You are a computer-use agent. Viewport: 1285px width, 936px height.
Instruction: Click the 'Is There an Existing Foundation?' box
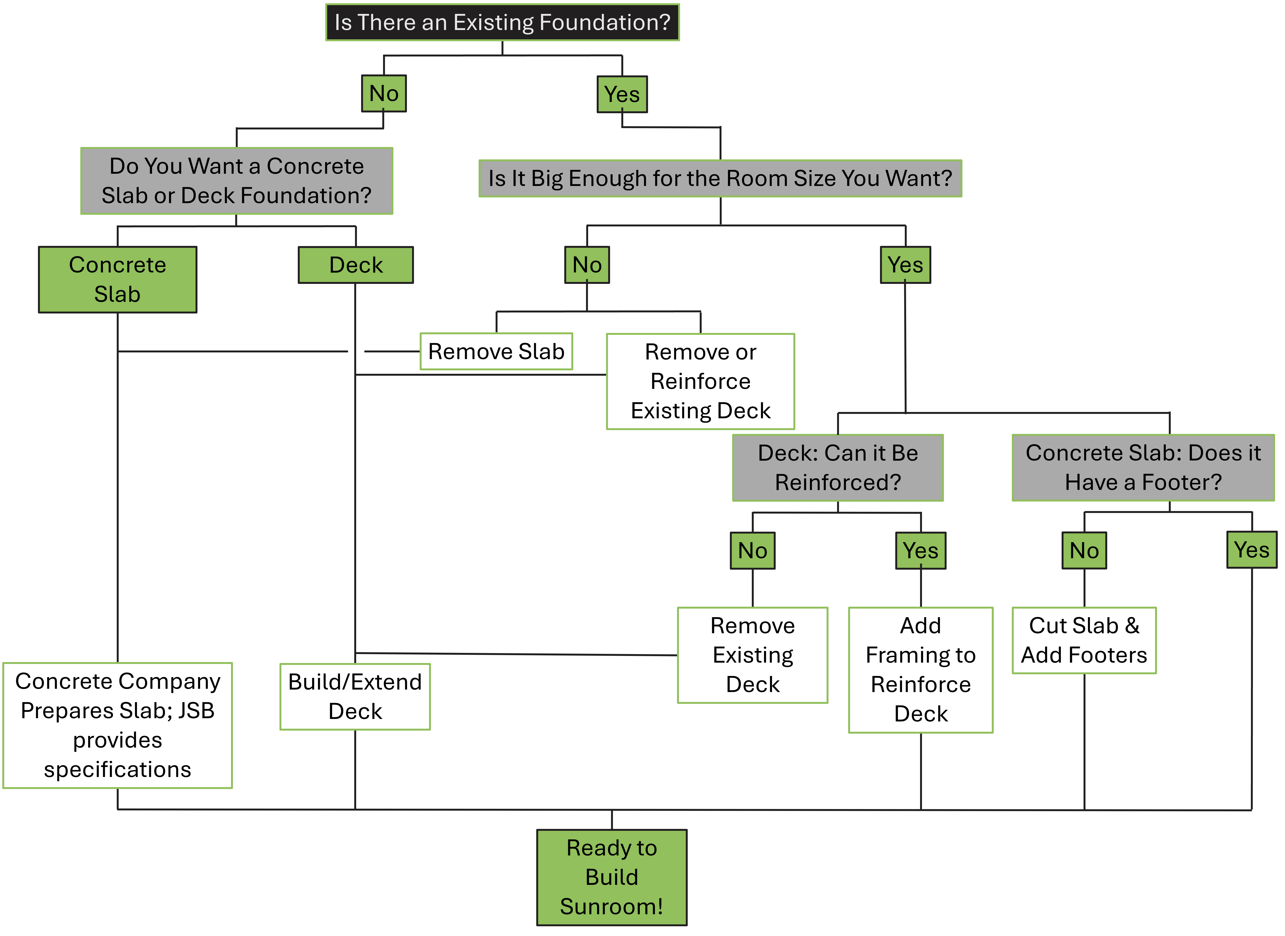click(x=502, y=23)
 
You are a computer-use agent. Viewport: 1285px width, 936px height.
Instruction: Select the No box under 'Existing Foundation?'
click(x=384, y=94)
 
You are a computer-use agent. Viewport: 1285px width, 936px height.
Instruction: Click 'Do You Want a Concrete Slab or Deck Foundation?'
click(x=236, y=181)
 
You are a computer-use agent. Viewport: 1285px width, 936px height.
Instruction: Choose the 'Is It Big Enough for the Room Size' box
click(x=720, y=178)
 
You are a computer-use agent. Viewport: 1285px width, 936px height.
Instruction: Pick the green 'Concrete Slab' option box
click(x=117, y=279)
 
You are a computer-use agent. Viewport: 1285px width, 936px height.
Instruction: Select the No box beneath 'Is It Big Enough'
click(x=587, y=265)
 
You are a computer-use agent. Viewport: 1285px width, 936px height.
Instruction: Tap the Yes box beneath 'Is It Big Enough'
click(x=905, y=265)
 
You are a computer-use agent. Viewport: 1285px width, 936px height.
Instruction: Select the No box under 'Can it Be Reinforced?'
click(x=752, y=551)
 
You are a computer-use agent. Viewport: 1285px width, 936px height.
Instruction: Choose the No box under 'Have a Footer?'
click(x=1084, y=551)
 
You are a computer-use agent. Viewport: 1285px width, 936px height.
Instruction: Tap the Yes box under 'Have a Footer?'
click(x=1252, y=550)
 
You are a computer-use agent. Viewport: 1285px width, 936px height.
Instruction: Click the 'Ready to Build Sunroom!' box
click(x=611, y=877)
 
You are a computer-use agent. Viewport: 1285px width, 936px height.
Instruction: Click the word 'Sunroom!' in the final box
click(x=611, y=907)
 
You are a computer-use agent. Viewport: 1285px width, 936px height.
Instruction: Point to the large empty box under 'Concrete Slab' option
click(x=117, y=725)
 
